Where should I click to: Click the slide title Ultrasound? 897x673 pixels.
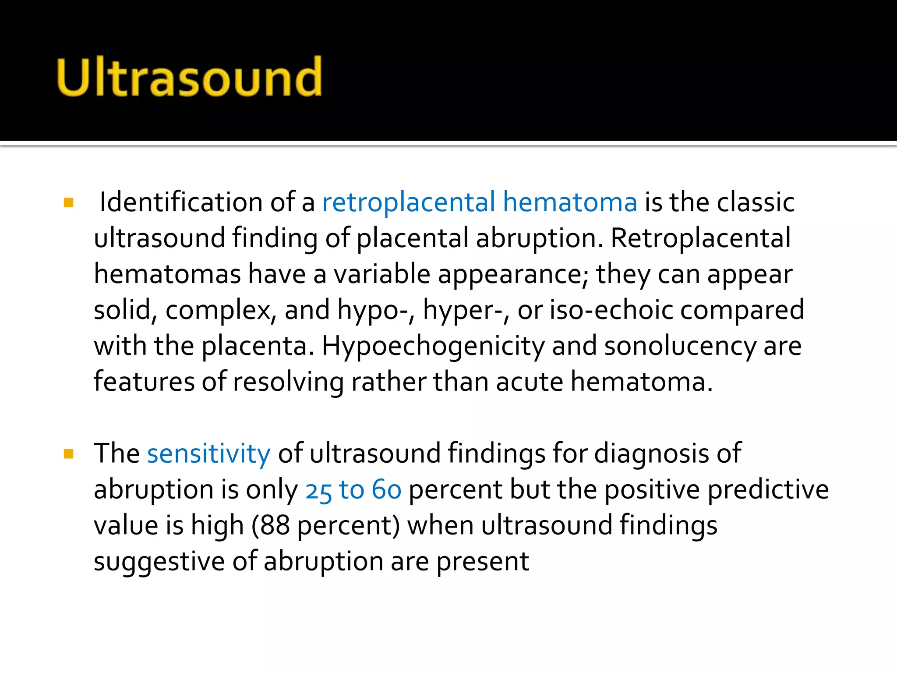tap(189, 77)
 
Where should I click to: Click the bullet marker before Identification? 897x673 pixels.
tap(69, 203)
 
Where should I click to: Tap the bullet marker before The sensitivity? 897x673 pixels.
tap(69, 453)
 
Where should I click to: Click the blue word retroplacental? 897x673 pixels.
tap(408, 202)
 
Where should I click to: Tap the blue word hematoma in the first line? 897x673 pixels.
tap(569, 202)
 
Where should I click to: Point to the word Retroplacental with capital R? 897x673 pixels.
tap(700, 238)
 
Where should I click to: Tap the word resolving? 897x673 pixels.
tap(288, 382)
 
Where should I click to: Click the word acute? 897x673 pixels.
tap(529, 382)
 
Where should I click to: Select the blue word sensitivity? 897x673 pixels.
tap(209, 453)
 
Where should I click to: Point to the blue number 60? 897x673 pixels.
tap(386, 490)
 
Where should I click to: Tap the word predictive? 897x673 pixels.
tap(768, 490)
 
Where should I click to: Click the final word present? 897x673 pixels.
tap(483, 562)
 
